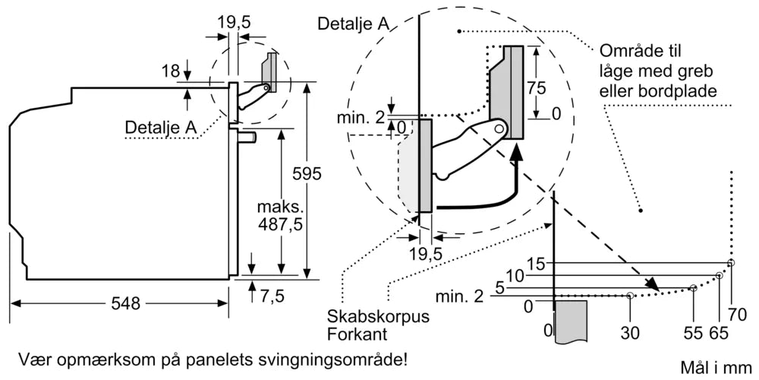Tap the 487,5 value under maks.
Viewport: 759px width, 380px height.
(x=276, y=225)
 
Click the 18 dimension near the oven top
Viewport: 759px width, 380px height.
(x=171, y=71)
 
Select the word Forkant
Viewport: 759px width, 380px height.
(x=352, y=334)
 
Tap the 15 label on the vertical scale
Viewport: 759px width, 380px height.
(x=536, y=264)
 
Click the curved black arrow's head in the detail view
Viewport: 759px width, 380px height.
(x=517, y=153)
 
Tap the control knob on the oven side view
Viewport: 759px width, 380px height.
(x=247, y=137)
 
